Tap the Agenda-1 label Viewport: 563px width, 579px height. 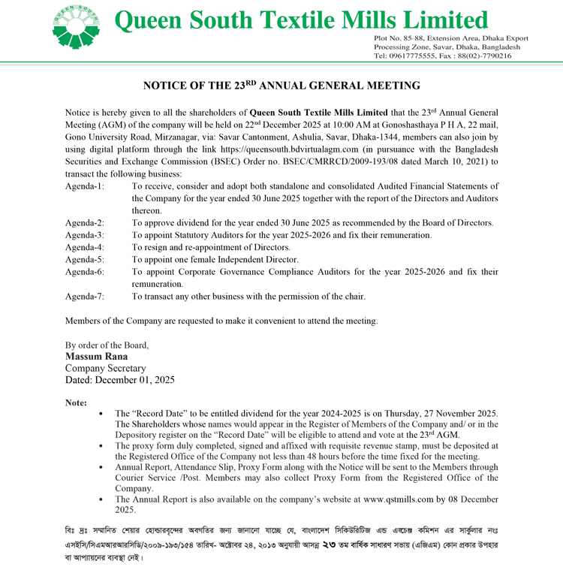pyautogui.click(x=85, y=185)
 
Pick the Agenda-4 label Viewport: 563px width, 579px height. pyautogui.click(x=85, y=247)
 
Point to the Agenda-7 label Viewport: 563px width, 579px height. pyautogui.click(x=85, y=297)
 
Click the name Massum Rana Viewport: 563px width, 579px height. pyautogui.click(x=95, y=357)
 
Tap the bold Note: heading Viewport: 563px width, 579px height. pyautogui.click(x=77, y=403)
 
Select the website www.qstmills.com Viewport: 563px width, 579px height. pyautogui.click(x=398, y=499)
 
